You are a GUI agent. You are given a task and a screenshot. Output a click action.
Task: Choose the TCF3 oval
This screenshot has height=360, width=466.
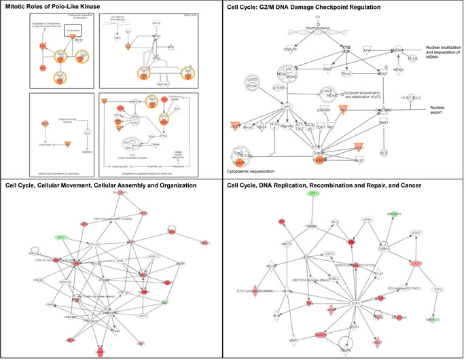coord(438,289)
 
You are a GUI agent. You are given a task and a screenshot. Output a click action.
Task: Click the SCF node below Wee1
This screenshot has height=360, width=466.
coord(385,154)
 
